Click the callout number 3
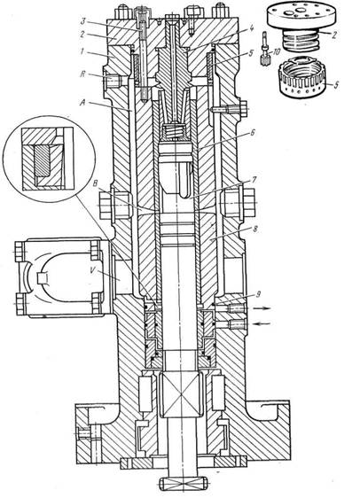click(82, 22)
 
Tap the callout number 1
click(82, 51)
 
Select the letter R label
click(83, 75)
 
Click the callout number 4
click(251, 28)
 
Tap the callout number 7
click(253, 181)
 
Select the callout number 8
click(254, 229)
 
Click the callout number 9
click(258, 294)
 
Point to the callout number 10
click(277, 51)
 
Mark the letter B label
click(94, 184)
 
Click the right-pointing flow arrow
click(262, 307)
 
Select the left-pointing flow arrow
click(262, 324)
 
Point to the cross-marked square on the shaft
click(182, 395)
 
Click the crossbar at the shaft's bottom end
click(184, 483)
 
